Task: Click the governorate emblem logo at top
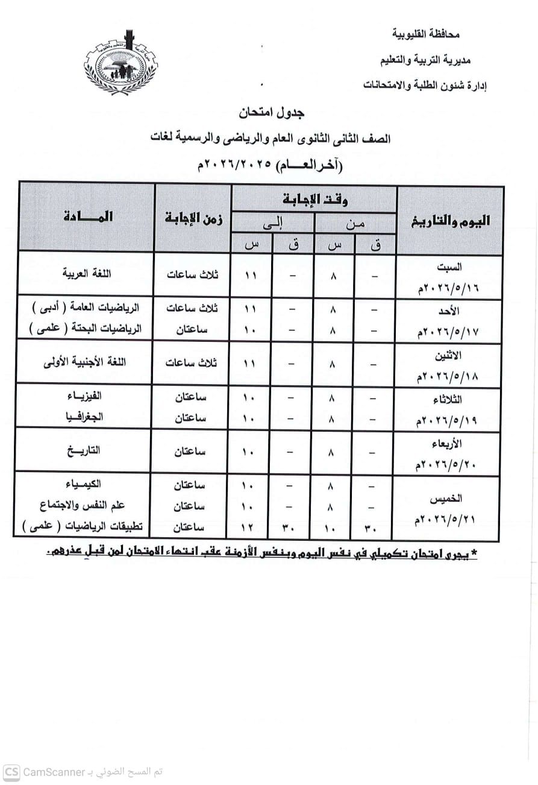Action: click(x=120, y=63)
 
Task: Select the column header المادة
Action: click(x=87, y=218)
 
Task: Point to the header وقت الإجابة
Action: click(x=314, y=199)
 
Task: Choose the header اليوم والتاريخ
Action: click(x=450, y=221)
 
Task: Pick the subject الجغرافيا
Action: click(x=85, y=417)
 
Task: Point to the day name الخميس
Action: click(x=449, y=499)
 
